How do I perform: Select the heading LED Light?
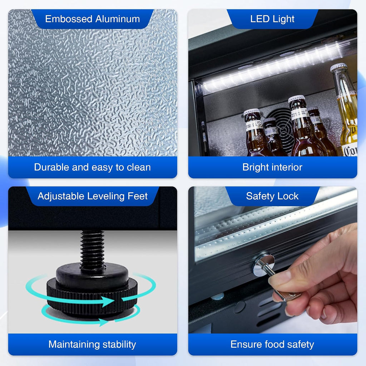pyautogui.click(x=272, y=19)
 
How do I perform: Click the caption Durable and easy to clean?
pyautogui.click(x=93, y=167)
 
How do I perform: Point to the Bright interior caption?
pyautogui.click(x=272, y=167)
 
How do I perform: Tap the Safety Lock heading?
pyautogui.click(x=272, y=196)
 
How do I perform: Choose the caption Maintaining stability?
pyautogui.click(x=92, y=344)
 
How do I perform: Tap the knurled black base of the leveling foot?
pyautogui.click(x=92, y=296)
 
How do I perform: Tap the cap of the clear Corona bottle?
pyautogui.click(x=338, y=68)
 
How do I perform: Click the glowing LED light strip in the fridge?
pyautogui.click(x=278, y=66)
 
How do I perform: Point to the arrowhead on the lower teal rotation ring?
pyautogui.click(x=103, y=322)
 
